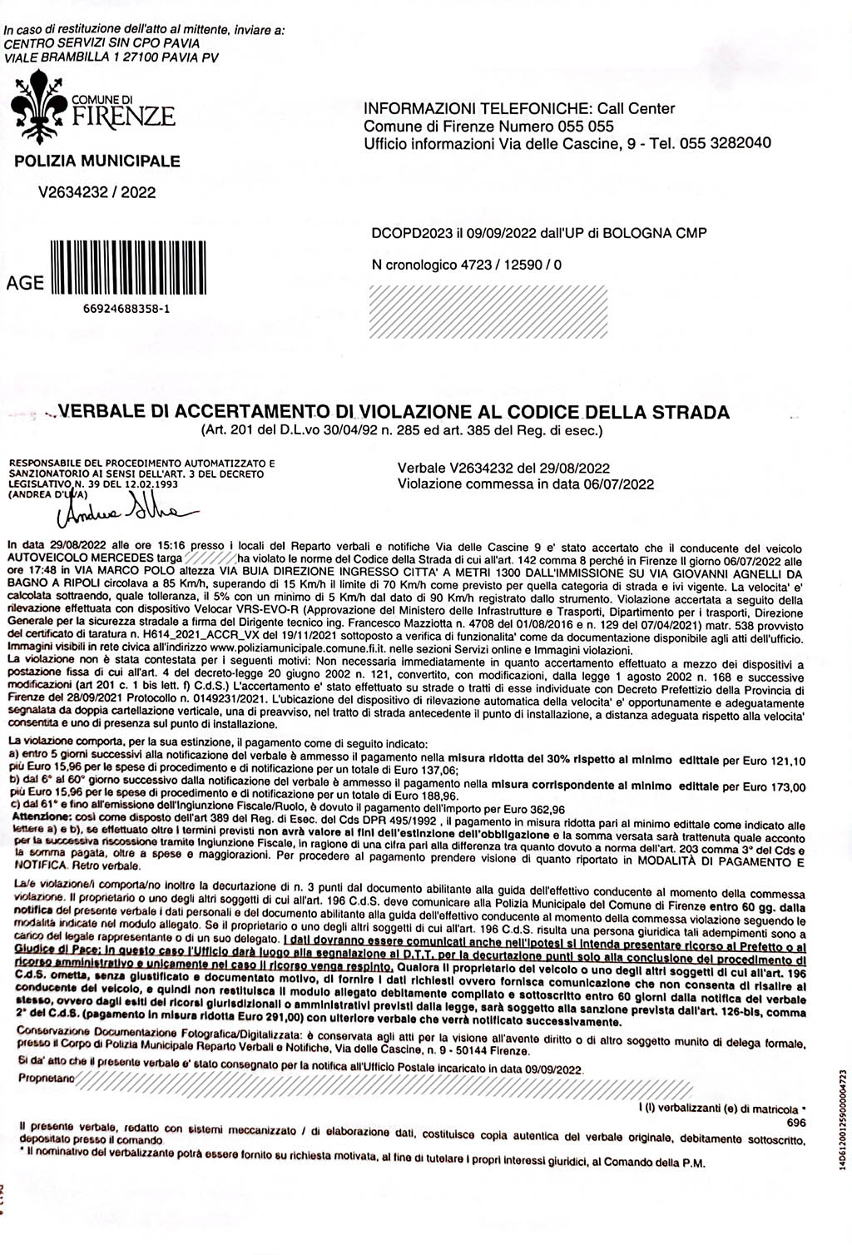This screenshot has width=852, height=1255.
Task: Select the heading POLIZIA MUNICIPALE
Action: (97, 161)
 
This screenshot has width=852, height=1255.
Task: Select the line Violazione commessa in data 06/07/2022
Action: (525, 484)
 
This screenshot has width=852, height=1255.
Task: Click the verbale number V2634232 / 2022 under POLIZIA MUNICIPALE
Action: (97, 192)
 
